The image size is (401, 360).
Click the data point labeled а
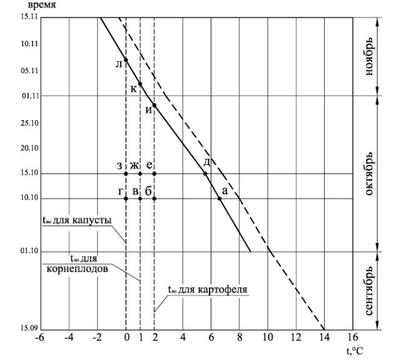pos(220,199)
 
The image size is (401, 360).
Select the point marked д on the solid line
pos(205,173)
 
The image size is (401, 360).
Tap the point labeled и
pos(154,106)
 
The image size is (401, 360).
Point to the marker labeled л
pos(126,60)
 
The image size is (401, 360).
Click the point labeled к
pos(140,84)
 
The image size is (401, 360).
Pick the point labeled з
pos(126,173)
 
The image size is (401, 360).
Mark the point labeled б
pos(154,199)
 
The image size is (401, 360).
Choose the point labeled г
pos(126,199)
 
